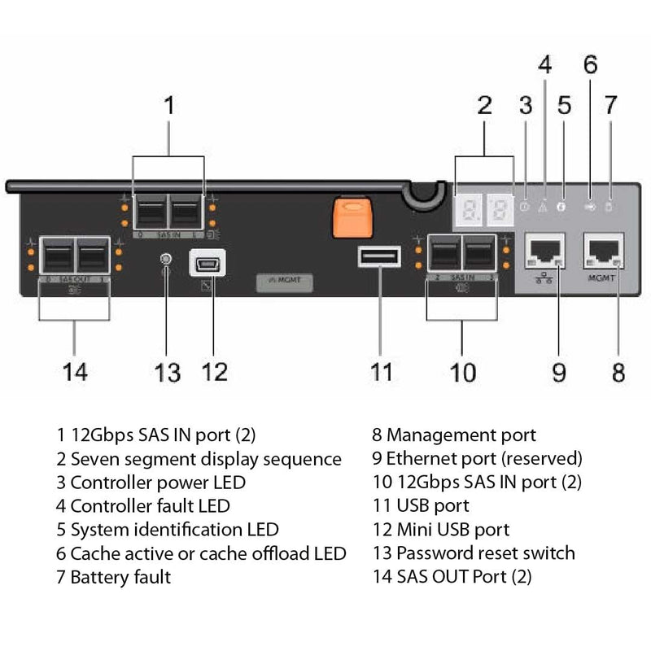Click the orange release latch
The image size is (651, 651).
click(352, 217)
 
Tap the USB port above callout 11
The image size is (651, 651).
click(378, 258)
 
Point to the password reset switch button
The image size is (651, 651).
click(167, 260)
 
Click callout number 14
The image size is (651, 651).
click(75, 372)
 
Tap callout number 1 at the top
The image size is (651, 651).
click(168, 107)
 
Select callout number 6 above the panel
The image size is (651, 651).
click(590, 64)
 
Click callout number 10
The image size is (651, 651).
click(462, 372)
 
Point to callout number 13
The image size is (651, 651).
click(167, 372)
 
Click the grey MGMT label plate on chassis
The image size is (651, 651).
click(284, 282)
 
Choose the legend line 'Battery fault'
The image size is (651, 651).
click(114, 578)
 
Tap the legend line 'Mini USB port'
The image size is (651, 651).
click(440, 530)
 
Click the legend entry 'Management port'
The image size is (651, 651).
click(454, 435)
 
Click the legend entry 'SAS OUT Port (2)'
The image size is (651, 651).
click(452, 578)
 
